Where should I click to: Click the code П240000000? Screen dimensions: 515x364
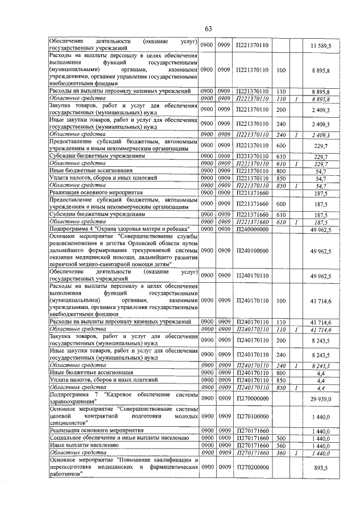click(252, 228)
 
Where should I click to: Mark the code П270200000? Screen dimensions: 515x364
click(252, 467)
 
